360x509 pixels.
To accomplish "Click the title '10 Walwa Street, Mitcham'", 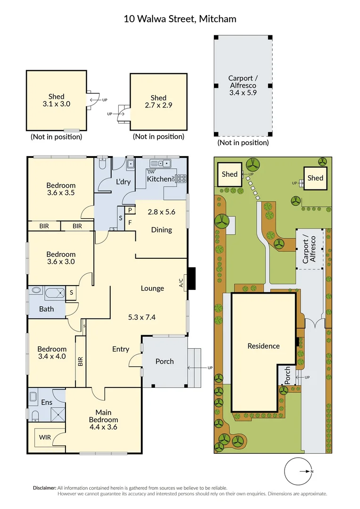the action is pos(180,19).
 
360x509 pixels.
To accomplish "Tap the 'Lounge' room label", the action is pos(152,288).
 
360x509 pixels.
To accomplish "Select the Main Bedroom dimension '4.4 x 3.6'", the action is pos(103,427).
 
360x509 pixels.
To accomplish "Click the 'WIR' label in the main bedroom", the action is pos(45,437).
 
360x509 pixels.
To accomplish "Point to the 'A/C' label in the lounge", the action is pos(181,283).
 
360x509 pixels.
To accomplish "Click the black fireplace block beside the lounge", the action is pos(192,278).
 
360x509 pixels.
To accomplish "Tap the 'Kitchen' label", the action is pos(159,179).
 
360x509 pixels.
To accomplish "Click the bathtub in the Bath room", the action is pos(55,293).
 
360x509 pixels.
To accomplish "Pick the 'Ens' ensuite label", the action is pos(47,402).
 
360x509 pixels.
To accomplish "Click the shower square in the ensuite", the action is pos(58,414).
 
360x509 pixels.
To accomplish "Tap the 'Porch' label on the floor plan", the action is pos(164,361).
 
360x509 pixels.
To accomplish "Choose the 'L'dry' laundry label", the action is pos(123,182).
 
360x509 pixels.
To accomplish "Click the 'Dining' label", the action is pos(162,230).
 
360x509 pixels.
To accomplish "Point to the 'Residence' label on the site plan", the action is pos(263,346).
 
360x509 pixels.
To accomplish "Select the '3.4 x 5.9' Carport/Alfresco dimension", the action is pos(243,92).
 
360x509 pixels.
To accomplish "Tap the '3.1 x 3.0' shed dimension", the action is pos(57,104).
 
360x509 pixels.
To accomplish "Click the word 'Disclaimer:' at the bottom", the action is pos(45,488).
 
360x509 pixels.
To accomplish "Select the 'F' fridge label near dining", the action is pos(130,222).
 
